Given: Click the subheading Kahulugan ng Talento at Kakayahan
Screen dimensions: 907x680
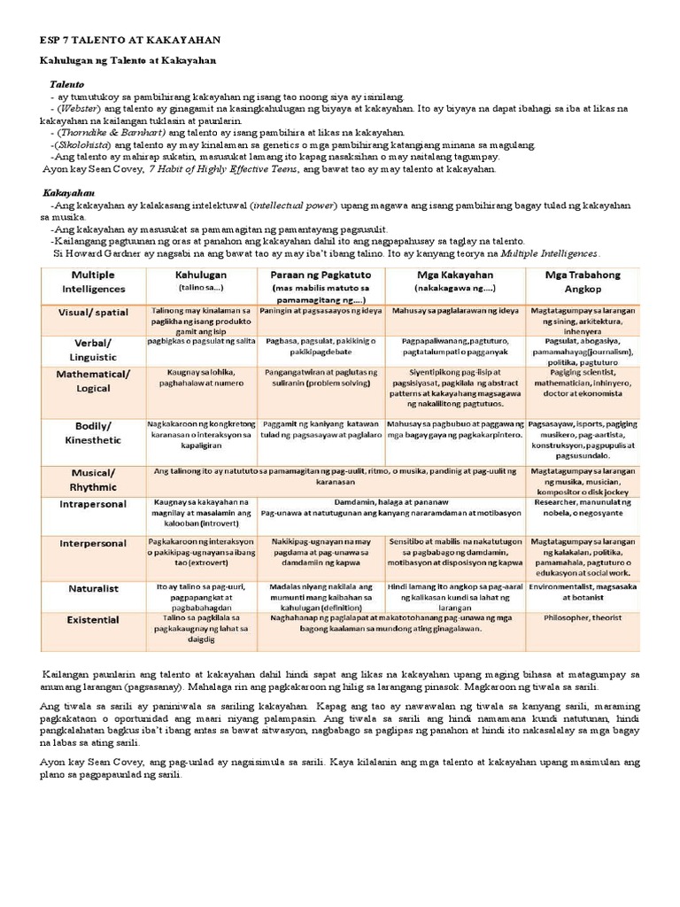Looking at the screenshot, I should (128, 60).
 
